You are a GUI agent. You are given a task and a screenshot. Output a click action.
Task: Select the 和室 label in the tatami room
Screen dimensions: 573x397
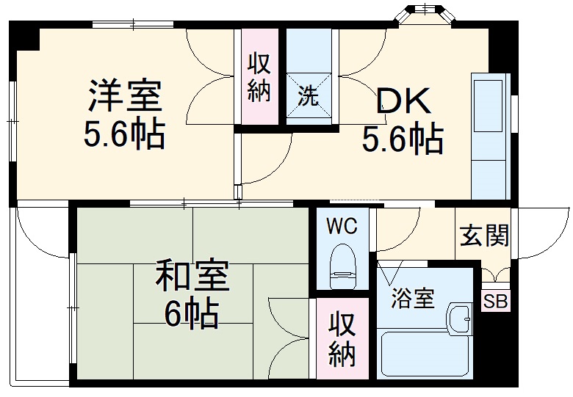[x=192, y=277]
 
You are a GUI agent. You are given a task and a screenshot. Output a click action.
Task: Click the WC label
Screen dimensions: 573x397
[x=342, y=226]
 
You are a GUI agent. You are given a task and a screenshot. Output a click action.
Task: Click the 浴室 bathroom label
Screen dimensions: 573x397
[x=412, y=299]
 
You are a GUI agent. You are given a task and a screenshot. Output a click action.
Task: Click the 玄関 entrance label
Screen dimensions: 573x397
[x=484, y=236]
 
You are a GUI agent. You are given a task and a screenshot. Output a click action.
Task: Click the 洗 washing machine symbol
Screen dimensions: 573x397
[x=309, y=95]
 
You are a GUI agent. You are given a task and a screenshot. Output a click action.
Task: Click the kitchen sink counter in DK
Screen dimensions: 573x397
[x=490, y=136]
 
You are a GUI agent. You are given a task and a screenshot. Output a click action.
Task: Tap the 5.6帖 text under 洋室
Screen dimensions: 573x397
[x=124, y=134]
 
